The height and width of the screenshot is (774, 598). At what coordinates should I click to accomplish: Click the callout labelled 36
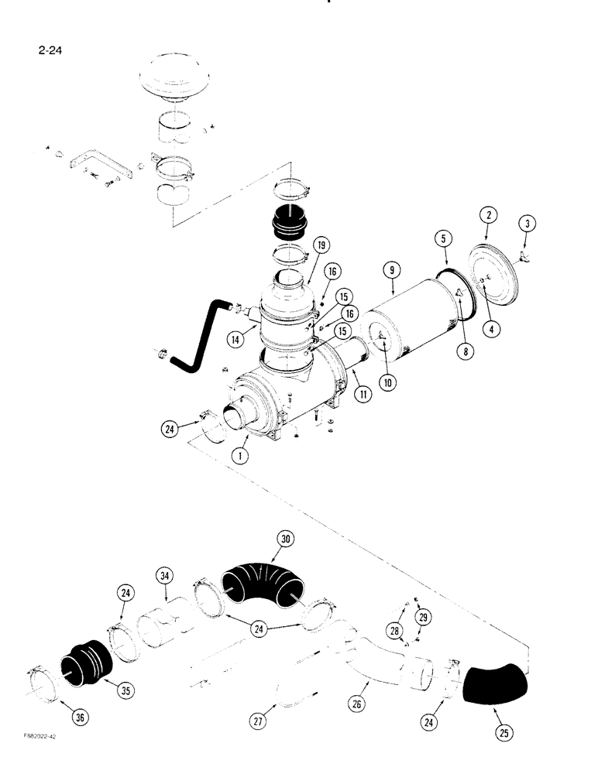[x=80, y=717]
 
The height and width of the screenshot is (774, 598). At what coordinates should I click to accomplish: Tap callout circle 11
[x=362, y=394]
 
